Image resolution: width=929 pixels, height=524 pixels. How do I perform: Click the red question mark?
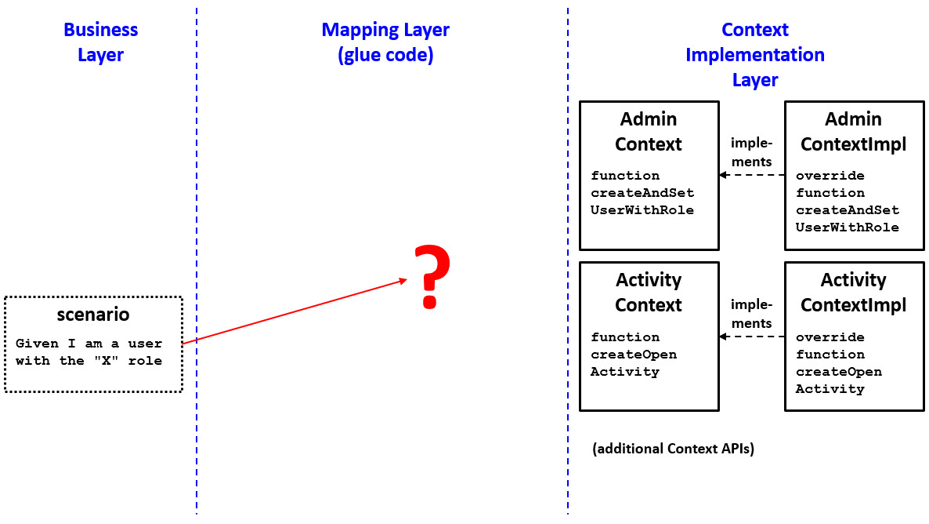(431, 277)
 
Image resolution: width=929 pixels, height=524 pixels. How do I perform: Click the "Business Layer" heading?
(100, 42)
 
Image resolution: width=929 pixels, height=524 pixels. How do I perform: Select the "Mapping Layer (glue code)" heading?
(385, 42)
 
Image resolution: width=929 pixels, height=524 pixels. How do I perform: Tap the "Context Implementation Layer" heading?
(754, 55)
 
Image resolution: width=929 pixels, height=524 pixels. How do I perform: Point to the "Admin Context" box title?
(648, 132)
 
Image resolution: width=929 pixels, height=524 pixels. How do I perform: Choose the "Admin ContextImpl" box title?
(853, 132)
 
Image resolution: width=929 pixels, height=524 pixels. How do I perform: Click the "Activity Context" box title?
(648, 293)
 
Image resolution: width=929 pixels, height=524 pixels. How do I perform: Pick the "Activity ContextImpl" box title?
(853, 293)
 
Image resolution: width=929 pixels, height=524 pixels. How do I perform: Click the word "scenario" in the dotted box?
(93, 315)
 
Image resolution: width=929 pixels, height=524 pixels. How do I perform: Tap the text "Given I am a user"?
(89, 344)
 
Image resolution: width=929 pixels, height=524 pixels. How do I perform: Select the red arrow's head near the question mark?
(403, 280)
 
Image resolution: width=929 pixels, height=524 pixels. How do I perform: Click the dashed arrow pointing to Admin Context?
(751, 176)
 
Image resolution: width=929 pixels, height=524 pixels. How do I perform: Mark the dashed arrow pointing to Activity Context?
(751, 337)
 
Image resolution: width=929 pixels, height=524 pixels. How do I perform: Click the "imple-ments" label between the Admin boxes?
(751, 152)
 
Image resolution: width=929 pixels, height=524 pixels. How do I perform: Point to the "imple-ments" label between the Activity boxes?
(751, 314)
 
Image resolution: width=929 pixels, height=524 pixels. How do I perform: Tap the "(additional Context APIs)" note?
(673, 449)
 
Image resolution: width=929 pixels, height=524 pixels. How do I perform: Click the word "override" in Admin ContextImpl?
(830, 176)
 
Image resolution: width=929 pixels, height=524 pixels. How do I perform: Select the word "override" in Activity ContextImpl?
(830, 337)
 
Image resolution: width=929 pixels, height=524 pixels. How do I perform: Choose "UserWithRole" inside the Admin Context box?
(642, 210)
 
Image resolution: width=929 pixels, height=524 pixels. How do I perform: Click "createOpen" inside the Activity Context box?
(634, 355)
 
